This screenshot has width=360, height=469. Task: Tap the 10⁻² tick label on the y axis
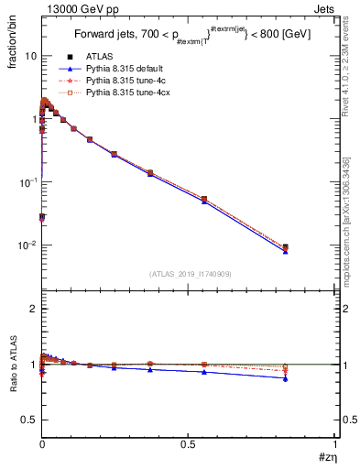click(x=27, y=245)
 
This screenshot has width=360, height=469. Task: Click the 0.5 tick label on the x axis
click(x=188, y=444)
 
